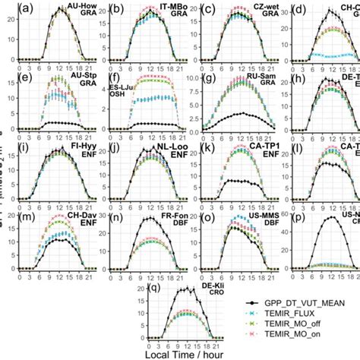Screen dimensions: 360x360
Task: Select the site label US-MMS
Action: pos(245,216)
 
